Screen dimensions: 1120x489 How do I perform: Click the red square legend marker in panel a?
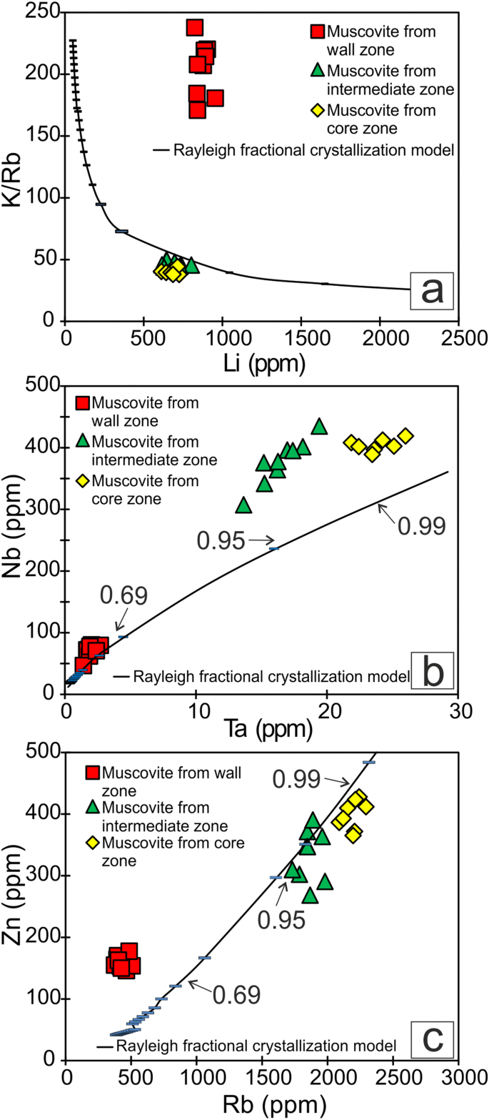point(318,33)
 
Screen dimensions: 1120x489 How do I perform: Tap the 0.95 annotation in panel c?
point(286,919)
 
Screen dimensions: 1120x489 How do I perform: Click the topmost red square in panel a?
point(194,28)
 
